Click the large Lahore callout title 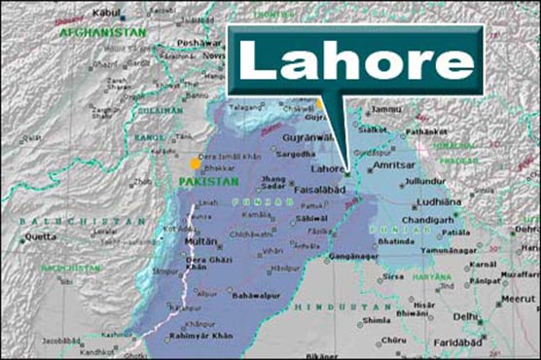(356, 61)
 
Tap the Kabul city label (108, 13)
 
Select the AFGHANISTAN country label (101, 32)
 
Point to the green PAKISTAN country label (209, 182)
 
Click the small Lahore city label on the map (329, 168)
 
